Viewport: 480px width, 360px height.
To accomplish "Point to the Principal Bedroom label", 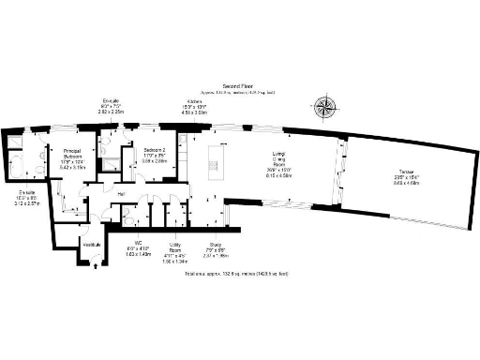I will (x=73, y=154).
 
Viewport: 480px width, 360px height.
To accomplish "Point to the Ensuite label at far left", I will (x=25, y=196).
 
